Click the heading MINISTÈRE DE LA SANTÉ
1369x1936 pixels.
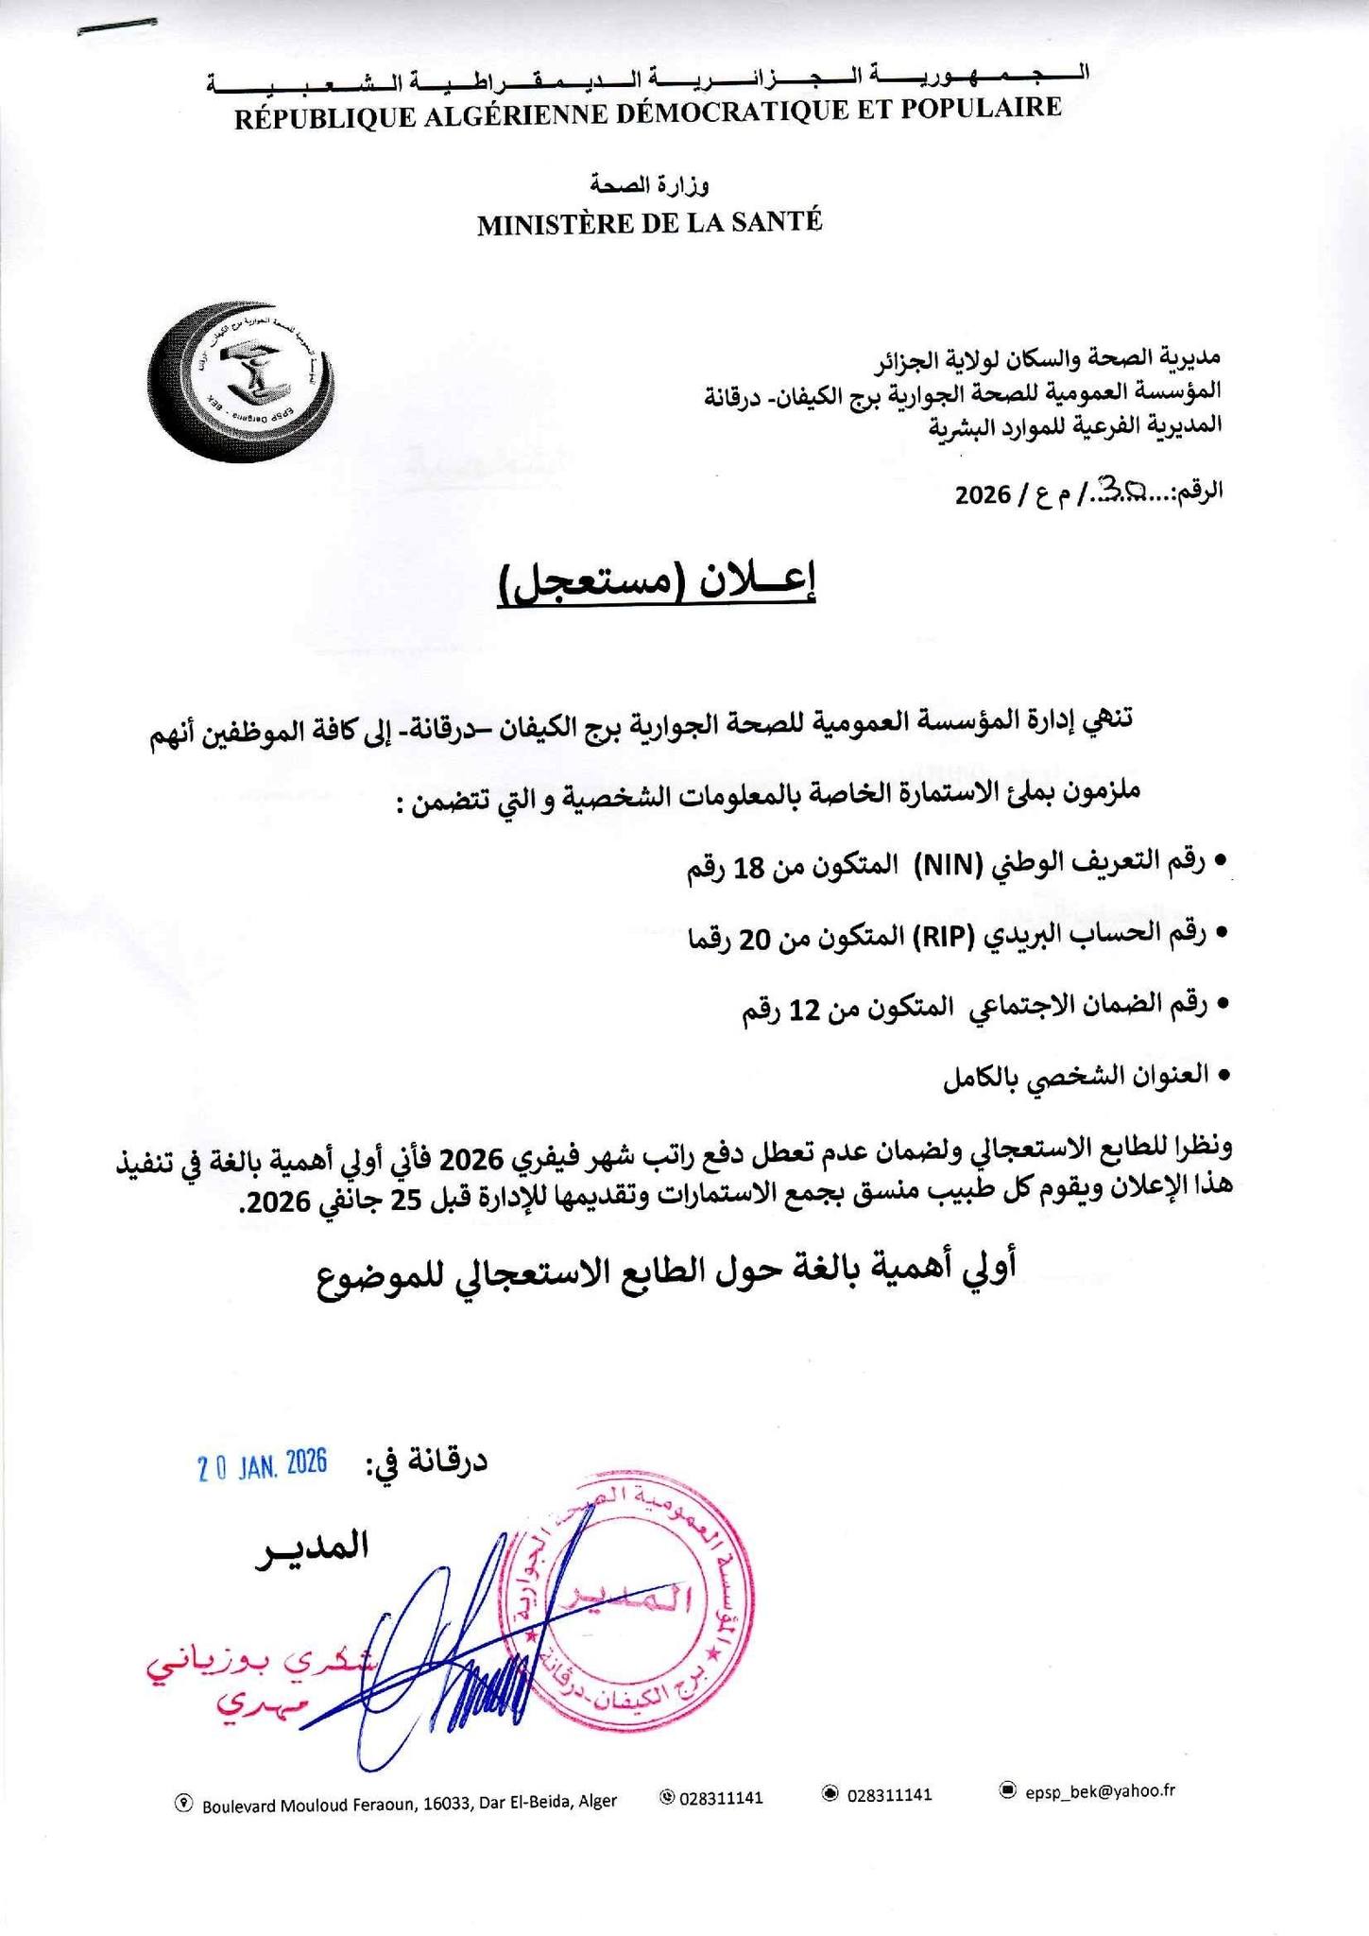click(x=649, y=223)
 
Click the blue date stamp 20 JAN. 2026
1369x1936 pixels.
click(x=262, y=1464)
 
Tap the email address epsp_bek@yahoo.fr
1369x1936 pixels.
click(x=1100, y=1790)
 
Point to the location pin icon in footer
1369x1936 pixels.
click(x=184, y=1803)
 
